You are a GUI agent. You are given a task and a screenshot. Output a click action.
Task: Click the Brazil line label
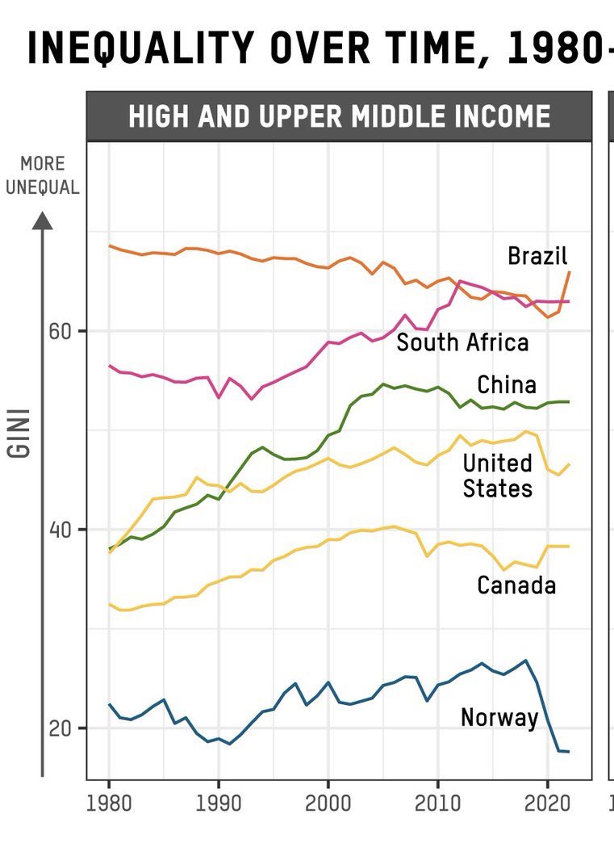537,256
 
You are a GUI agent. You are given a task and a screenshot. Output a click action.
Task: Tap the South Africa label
462,342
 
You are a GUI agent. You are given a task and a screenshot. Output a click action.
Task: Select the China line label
506,384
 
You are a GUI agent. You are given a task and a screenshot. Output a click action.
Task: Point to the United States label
497,476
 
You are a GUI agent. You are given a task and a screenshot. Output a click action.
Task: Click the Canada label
516,585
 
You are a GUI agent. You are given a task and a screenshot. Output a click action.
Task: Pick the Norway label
499,717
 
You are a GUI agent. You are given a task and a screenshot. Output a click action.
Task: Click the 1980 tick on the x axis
110,804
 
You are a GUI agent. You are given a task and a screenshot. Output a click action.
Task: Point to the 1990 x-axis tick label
219,804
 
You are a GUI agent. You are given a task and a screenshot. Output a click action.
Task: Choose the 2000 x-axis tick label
328,804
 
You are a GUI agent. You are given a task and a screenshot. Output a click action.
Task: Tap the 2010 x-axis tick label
437,804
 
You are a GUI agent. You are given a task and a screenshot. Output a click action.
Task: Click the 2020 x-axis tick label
547,804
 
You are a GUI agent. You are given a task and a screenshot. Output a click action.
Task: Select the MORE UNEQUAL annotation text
42,175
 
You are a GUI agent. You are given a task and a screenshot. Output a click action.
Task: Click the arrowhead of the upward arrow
43,219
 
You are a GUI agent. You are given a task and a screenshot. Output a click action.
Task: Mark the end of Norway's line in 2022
569,752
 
